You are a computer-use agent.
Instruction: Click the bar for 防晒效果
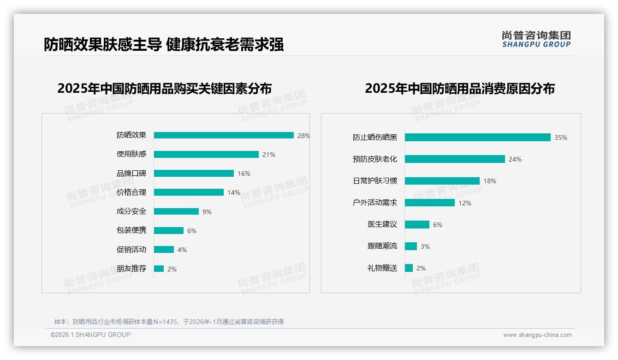(224, 135)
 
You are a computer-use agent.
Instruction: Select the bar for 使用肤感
(206, 154)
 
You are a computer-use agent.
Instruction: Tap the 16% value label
(244, 174)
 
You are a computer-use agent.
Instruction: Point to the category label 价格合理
(131, 192)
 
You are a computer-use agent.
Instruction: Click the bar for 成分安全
(176, 211)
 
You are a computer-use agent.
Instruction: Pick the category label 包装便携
(131, 230)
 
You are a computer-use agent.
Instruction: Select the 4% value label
(182, 250)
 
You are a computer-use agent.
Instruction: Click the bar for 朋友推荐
(159, 269)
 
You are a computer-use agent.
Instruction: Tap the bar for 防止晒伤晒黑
(477, 138)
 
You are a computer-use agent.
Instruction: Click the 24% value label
(515, 159)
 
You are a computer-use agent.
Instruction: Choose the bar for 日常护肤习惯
(442, 181)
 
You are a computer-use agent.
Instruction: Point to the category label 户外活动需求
(375, 203)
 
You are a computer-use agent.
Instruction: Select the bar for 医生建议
(417, 224)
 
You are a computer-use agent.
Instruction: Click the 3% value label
(425, 246)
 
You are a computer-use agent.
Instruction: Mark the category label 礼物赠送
(382, 268)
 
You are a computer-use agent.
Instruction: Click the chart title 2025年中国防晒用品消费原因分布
(460, 89)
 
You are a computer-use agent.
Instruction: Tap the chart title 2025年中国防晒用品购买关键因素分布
(165, 89)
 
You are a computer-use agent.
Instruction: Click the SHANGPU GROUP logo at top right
(536, 39)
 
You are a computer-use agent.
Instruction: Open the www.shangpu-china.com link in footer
(537, 335)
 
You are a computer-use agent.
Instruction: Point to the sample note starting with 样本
(169, 322)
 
